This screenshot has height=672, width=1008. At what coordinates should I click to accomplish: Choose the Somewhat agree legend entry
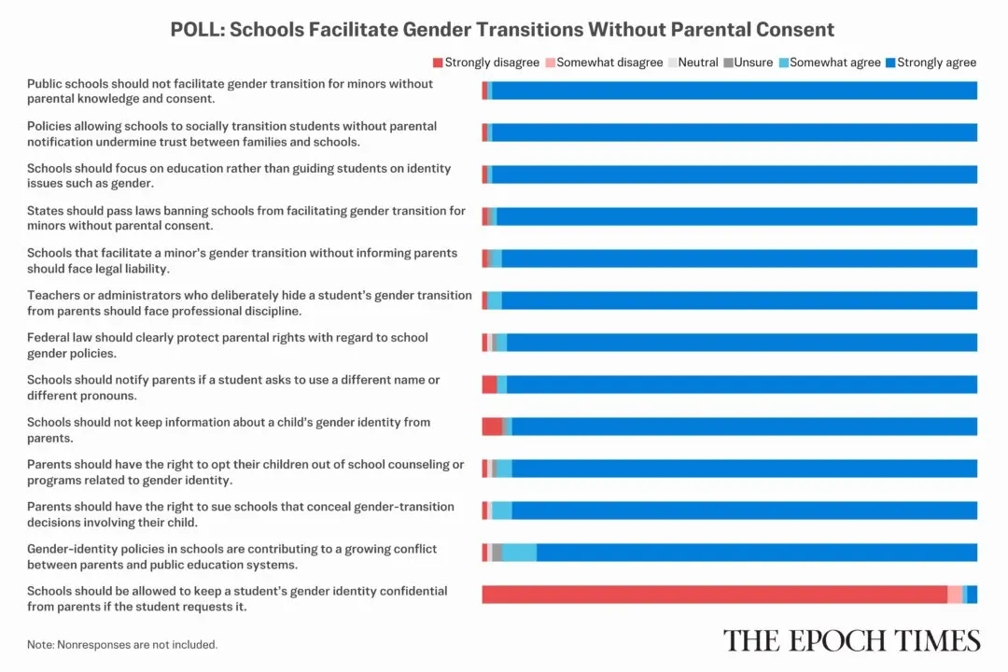[x=830, y=63]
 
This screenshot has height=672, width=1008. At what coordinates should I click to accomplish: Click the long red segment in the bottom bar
[x=714, y=595]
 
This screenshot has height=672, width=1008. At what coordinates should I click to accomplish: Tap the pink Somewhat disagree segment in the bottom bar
[x=955, y=595]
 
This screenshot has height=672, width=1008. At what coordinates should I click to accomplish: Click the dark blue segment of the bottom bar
[x=973, y=595]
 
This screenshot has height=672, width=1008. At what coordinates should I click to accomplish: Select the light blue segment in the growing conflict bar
[x=519, y=553]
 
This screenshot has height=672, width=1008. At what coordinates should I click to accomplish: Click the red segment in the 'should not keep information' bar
[x=492, y=427]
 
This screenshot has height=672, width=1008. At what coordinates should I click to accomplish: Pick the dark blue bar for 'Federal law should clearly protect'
[x=742, y=343]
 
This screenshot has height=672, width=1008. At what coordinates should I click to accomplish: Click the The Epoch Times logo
[x=851, y=640]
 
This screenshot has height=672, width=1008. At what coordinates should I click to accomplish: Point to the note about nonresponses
[x=122, y=644]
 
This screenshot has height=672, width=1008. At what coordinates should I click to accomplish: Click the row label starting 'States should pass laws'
[x=245, y=218]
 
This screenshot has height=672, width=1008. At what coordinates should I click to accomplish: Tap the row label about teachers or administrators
[x=249, y=302]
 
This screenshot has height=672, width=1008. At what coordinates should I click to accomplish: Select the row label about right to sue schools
[x=241, y=513]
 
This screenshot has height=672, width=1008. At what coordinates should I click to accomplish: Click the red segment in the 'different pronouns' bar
[x=489, y=385]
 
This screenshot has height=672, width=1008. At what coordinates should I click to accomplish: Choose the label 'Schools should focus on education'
[x=239, y=175]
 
